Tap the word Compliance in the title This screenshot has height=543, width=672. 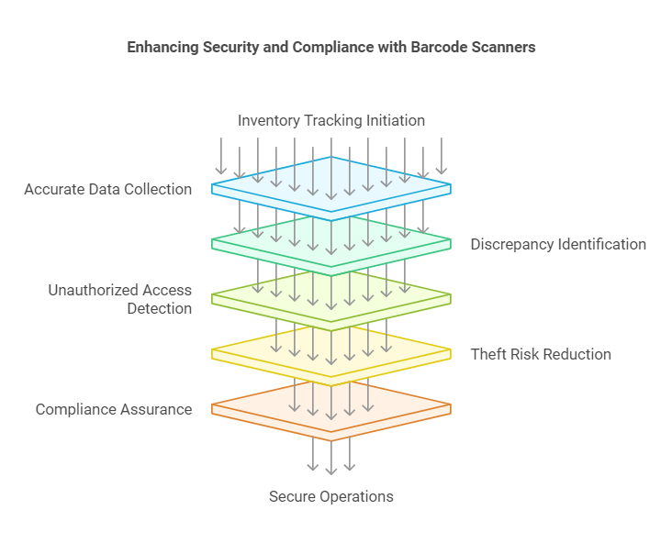(x=332, y=48)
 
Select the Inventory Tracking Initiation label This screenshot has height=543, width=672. (x=331, y=121)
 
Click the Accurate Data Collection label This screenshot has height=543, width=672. (x=108, y=189)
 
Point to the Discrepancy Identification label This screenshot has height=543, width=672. (x=558, y=245)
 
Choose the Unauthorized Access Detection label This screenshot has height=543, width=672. (x=120, y=299)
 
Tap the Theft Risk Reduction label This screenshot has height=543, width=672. (x=541, y=355)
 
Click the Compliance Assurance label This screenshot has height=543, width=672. (x=114, y=409)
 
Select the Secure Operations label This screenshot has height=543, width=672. (x=331, y=497)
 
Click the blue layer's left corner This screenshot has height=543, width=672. (x=212, y=184)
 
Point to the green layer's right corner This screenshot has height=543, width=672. (x=451, y=239)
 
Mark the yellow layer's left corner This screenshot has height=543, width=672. (x=212, y=349)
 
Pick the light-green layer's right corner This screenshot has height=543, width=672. (x=451, y=294)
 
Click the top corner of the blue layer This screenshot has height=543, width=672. (x=331, y=157)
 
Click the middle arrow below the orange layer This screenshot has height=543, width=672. (x=331, y=458)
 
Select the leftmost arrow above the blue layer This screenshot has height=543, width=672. (x=221, y=156)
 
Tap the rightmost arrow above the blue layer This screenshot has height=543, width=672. (x=442, y=156)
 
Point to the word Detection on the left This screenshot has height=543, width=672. (x=160, y=308)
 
